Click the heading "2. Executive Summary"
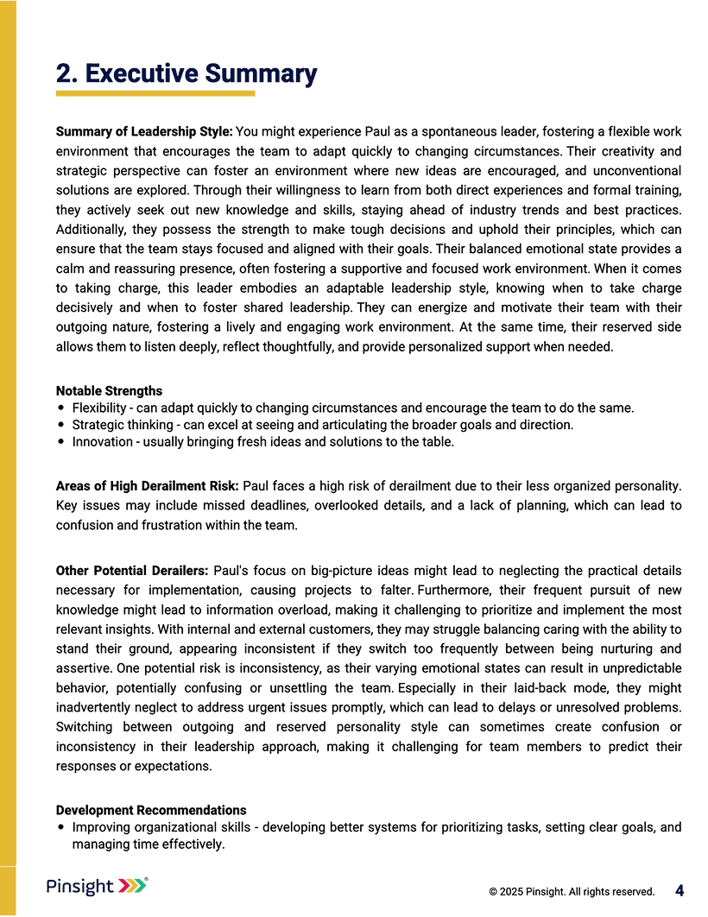186,74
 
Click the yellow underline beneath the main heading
155,93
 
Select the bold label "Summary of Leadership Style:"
144,132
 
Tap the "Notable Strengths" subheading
109,391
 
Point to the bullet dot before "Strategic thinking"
60,425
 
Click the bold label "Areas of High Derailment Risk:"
148,486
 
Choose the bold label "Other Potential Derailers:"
132,571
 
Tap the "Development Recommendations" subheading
151,810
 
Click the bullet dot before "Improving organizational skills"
60,827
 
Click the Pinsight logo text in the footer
80,887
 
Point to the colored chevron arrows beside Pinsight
133,886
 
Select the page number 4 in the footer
680,890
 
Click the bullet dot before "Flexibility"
60,408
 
